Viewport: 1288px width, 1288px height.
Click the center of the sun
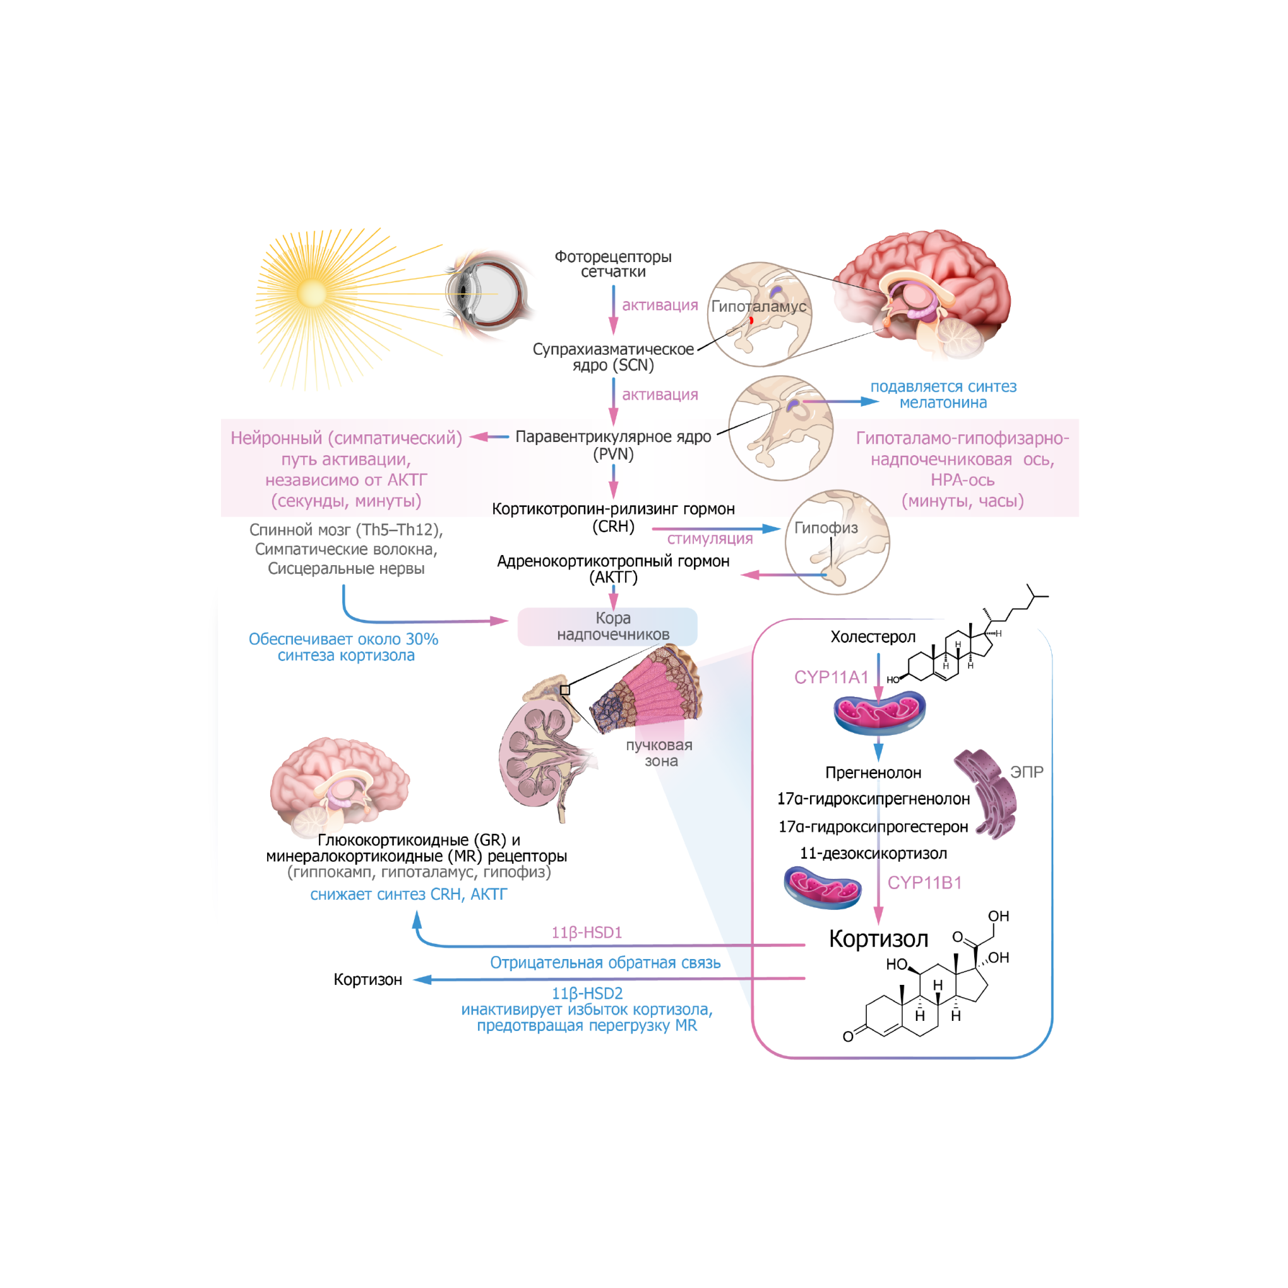312,293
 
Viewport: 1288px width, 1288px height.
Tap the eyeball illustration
489,293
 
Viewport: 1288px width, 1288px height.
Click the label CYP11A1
831,677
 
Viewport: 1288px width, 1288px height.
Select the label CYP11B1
924,883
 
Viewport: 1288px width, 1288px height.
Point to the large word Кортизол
878,939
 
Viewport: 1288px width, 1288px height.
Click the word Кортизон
367,979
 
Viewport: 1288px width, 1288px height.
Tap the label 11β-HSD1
586,932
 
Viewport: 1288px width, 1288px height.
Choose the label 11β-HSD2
587,993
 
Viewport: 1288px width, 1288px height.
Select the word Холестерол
873,636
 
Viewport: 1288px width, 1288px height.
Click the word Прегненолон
873,773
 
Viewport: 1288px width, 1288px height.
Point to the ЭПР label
1026,772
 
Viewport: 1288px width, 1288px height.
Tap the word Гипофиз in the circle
825,527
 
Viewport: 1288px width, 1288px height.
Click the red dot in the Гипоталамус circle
751,321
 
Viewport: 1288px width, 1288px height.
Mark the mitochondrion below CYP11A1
879,713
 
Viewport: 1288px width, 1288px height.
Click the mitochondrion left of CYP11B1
822,887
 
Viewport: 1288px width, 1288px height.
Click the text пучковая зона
659,753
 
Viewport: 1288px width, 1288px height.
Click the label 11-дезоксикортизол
873,854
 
